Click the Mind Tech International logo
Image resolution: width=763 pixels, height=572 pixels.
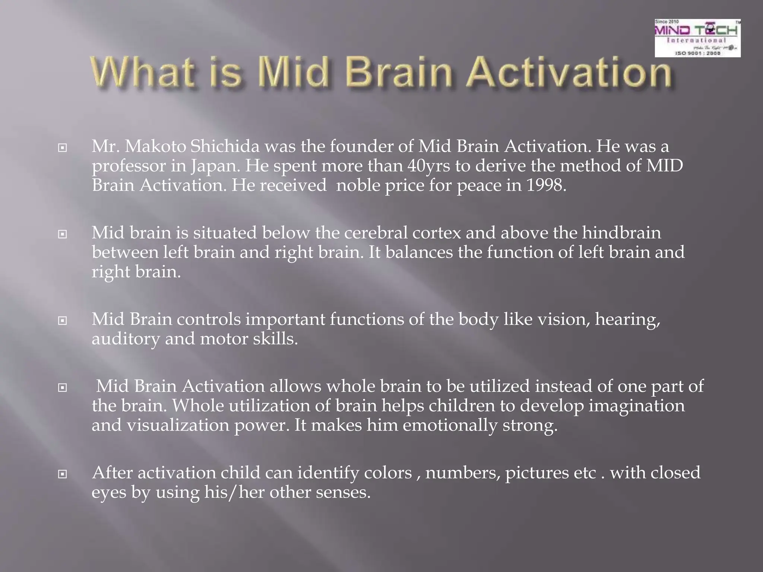click(x=697, y=38)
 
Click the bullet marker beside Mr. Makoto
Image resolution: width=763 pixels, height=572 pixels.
click(x=63, y=148)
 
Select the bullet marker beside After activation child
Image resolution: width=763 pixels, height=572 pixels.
click(x=63, y=474)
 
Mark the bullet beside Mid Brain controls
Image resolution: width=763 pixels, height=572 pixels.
click(x=63, y=321)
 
